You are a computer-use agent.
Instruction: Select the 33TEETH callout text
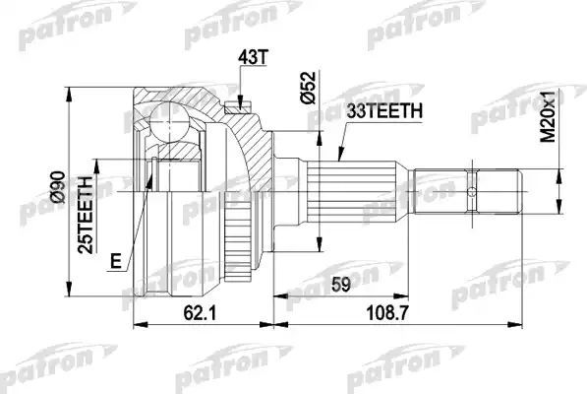[384, 112]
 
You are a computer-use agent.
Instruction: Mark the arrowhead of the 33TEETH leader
[336, 159]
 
